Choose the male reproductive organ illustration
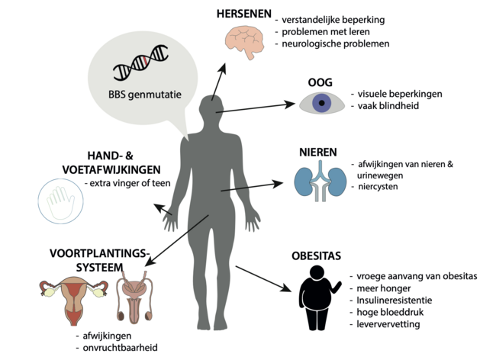[x=137, y=299]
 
